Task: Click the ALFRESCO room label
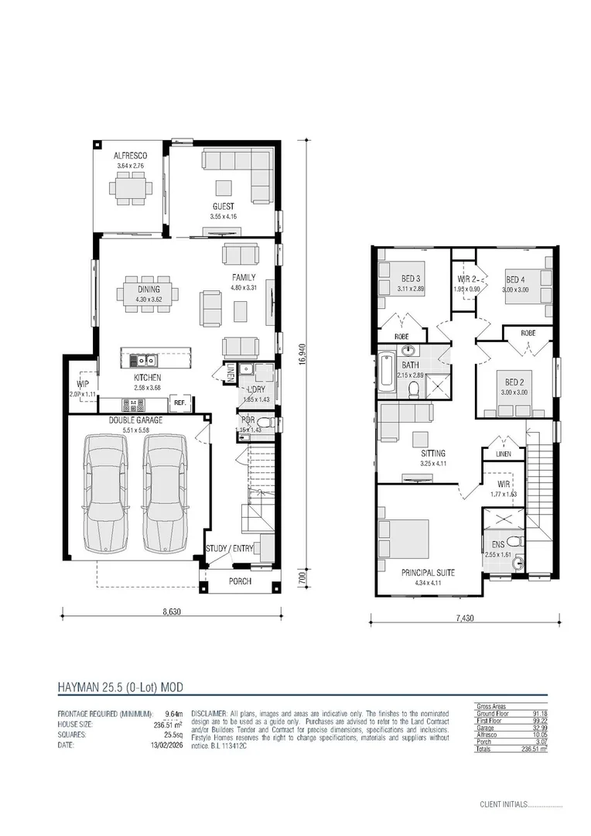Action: (x=132, y=156)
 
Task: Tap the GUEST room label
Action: (x=224, y=207)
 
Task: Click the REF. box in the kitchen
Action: (x=179, y=403)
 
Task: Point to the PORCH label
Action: (x=240, y=581)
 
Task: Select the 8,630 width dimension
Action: (x=172, y=612)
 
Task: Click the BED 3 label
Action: (x=410, y=279)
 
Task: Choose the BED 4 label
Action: (x=515, y=280)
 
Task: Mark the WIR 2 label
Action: (x=464, y=279)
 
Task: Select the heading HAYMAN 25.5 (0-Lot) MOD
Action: (x=120, y=687)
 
